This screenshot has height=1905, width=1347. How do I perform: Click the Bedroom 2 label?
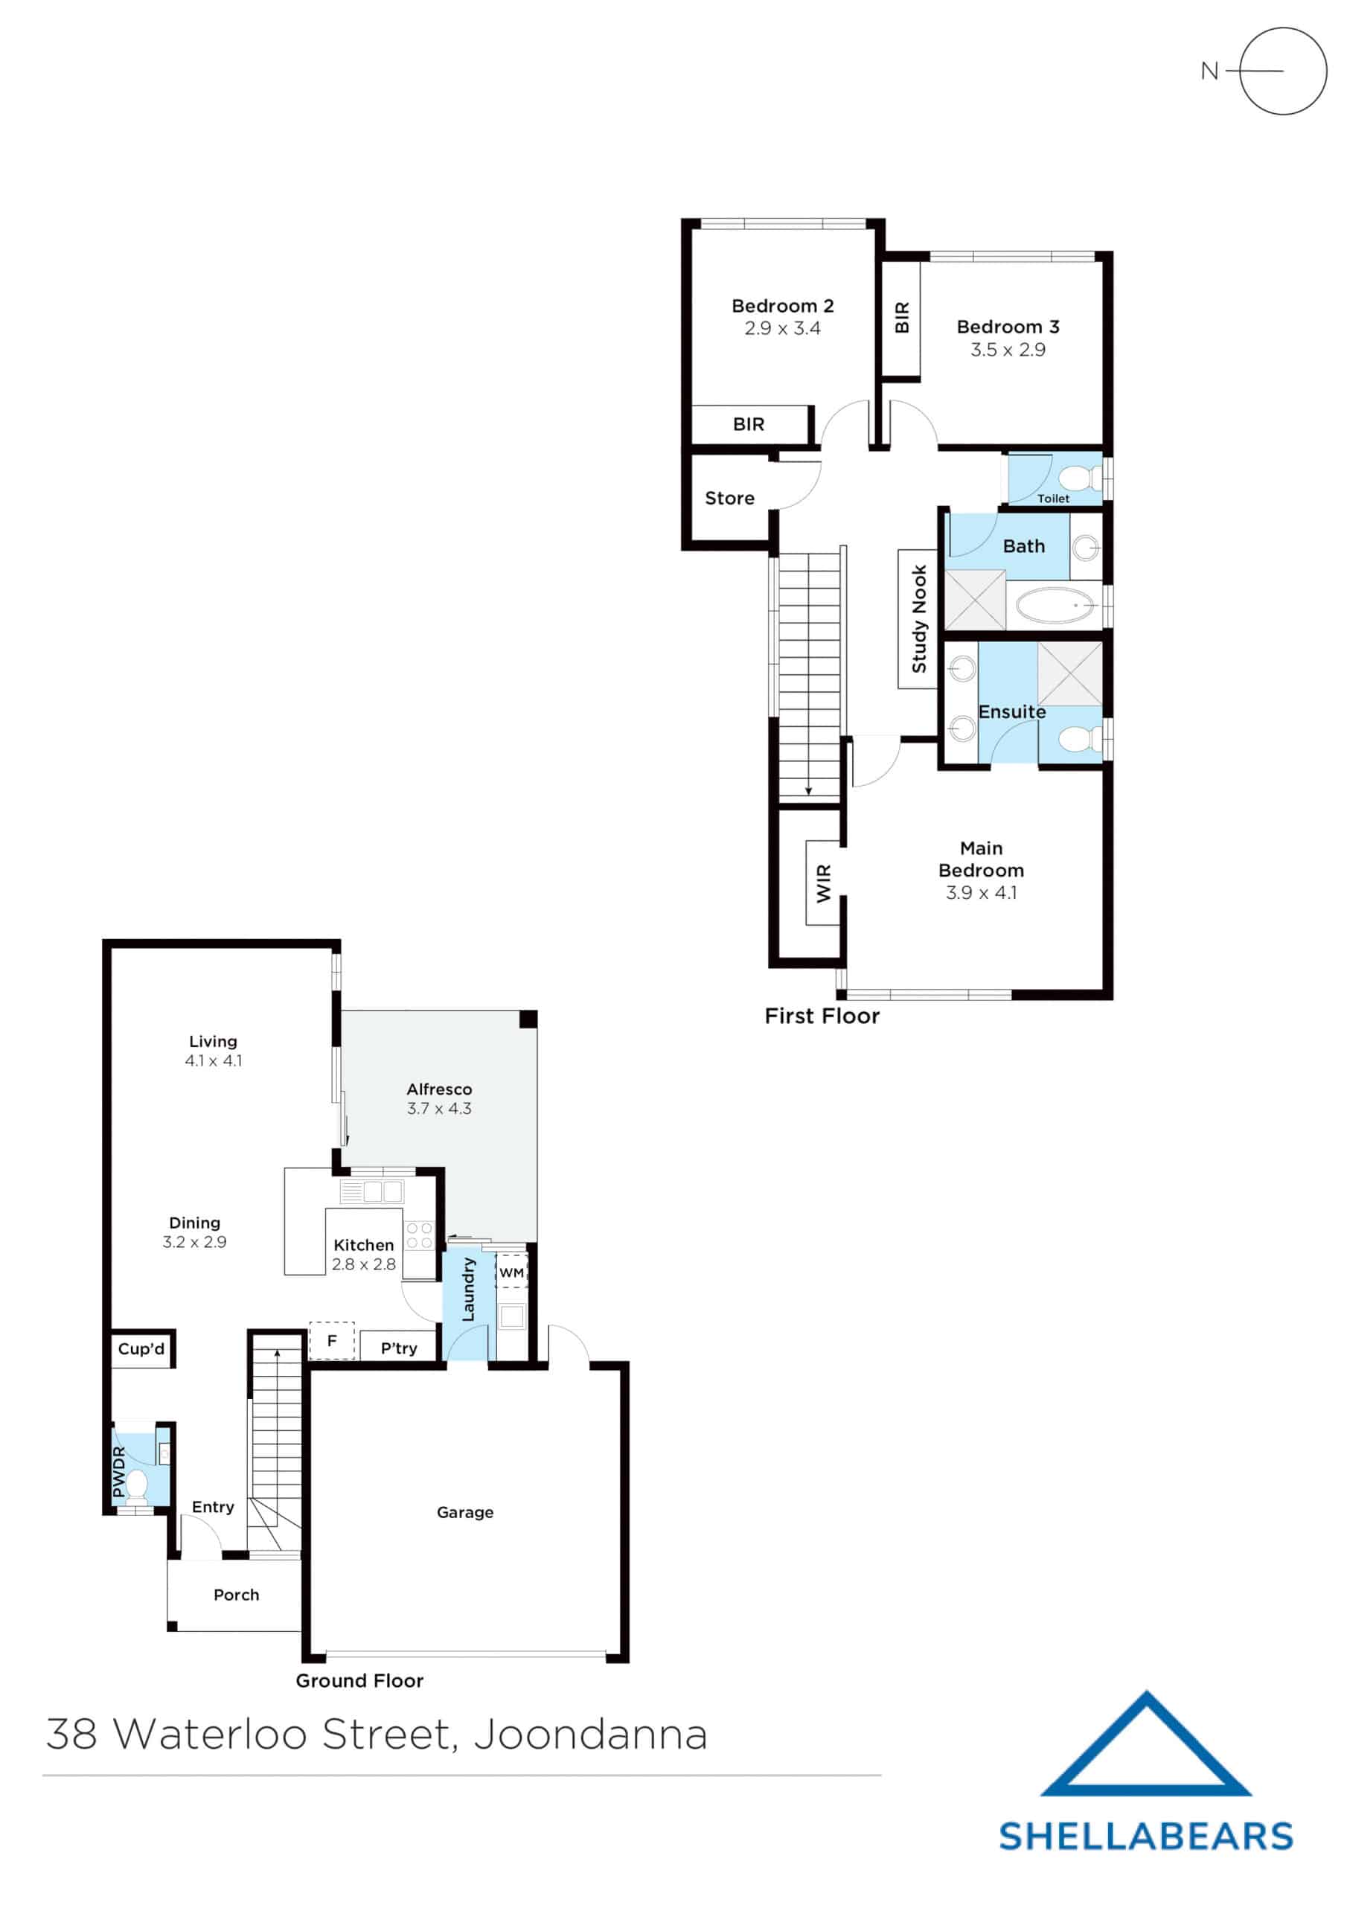pyautogui.click(x=782, y=306)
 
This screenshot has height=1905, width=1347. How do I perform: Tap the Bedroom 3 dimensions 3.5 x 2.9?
pyautogui.click(x=1008, y=350)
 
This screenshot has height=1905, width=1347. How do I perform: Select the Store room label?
pyautogui.click(x=729, y=499)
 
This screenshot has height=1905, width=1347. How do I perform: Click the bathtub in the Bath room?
pyautogui.click(x=1056, y=606)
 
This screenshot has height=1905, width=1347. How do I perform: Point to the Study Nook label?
pyautogui.click(x=919, y=619)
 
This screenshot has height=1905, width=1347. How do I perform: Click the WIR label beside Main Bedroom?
pyautogui.click(x=823, y=883)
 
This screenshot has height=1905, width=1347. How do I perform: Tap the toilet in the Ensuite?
pyautogui.click(x=1081, y=738)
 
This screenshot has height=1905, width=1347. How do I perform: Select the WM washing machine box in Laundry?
pyautogui.click(x=511, y=1272)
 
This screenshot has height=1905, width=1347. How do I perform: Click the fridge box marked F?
pyautogui.click(x=332, y=1341)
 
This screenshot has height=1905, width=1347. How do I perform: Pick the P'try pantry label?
pyautogui.click(x=398, y=1348)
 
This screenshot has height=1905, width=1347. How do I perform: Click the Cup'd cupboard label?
pyautogui.click(x=141, y=1348)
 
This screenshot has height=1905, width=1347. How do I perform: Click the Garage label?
pyautogui.click(x=465, y=1513)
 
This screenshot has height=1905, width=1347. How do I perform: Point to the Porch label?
pyautogui.click(x=237, y=1595)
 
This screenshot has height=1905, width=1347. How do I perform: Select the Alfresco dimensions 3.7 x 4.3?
pyautogui.click(x=439, y=1109)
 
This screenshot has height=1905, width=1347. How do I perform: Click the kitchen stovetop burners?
pyautogui.click(x=419, y=1235)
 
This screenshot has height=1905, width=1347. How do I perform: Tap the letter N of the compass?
pyautogui.click(x=1209, y=71)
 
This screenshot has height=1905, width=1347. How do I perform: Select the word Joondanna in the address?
pyautogui.click(x=590, y=1736)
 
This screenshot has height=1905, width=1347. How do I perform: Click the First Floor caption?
pyautogui.click(x=822, y=1016)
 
